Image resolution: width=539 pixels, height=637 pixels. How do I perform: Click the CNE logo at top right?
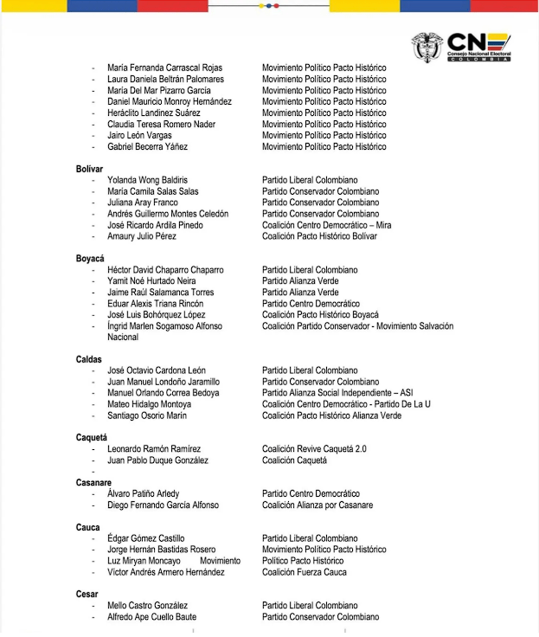462,47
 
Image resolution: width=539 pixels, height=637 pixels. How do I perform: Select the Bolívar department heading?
89,169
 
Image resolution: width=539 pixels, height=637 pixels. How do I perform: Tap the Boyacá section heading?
90,259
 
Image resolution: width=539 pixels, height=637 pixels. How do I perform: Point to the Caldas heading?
89,359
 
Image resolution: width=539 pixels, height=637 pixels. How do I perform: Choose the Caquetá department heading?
92,438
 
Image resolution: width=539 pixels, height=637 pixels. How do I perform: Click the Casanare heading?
94,483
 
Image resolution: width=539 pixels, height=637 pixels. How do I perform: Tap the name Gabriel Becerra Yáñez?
147,146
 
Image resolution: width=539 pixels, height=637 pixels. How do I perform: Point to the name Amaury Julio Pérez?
142,236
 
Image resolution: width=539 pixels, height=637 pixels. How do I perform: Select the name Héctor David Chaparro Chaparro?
165,270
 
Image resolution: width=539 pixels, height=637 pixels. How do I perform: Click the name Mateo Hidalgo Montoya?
149,404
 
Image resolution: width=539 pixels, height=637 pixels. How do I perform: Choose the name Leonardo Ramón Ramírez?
154,449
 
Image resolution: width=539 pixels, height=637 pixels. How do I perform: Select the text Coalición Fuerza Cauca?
305,572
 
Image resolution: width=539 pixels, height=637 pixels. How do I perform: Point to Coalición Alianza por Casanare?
318,505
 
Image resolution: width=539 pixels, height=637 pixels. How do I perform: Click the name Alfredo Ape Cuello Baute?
151,617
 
